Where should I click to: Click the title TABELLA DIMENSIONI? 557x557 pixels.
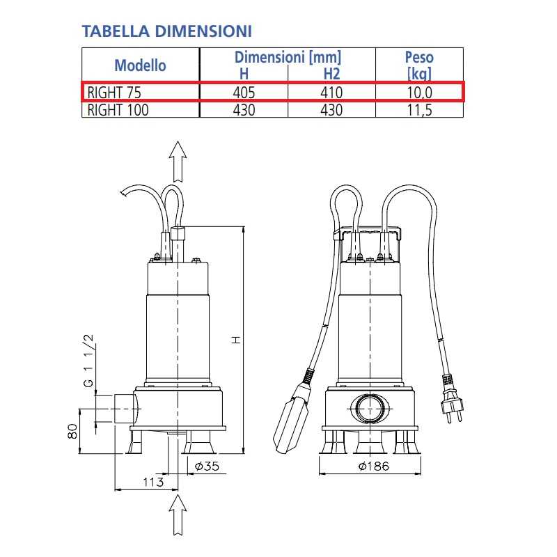click(x=167, y=31)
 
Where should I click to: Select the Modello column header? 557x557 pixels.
click(x=141, y=65)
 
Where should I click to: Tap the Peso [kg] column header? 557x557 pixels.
click(x=419, y=65)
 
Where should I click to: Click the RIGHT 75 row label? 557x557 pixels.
click(x=114, y=93)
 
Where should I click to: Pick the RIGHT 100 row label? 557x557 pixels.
click(x=118, y=110)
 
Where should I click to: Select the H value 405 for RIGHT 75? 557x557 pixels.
click(x=244, y=93)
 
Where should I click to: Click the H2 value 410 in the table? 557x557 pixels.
click(x=331, y=93)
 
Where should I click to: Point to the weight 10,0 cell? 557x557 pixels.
click(x=420, y=93)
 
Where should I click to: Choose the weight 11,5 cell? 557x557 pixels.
click(x=420, y=110)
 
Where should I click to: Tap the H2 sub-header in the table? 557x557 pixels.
click(x=332, y=74)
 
